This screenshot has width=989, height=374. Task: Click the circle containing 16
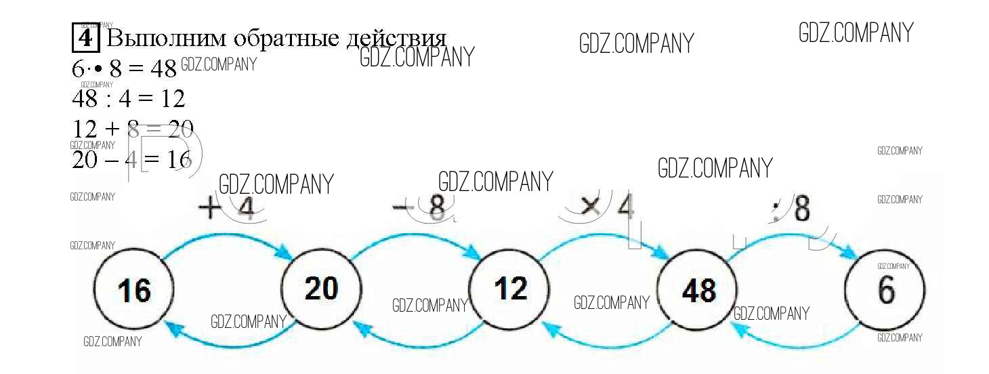pyautogui.click(x=132, y=291)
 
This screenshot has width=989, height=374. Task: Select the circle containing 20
pyautogui.click(x=320, y=289)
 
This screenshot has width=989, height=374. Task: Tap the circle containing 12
pyautogui.click(x=509, y=289)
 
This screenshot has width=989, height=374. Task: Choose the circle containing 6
pyautogui.click(x=885, y=291)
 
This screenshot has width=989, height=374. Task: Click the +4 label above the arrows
pyautogui.click(x=227, y=209)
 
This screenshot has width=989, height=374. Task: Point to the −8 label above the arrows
pyautogui.click(x=421, y=209)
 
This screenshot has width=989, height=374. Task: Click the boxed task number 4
pyautogui.click(x=85, y=37)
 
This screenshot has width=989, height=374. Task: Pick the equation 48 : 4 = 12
pyautogui.click(x=128, y=99)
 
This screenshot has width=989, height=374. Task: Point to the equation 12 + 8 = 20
pyautogui.click(x=133, y=129)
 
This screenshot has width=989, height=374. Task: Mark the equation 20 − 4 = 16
pyautogui.click(x=131, y=159)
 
